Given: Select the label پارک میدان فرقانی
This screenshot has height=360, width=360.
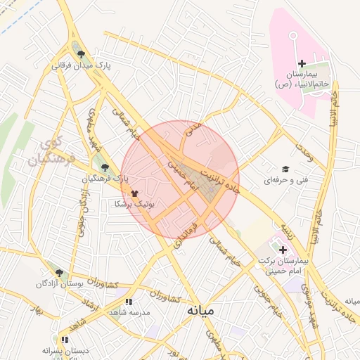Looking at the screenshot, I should point(82,66).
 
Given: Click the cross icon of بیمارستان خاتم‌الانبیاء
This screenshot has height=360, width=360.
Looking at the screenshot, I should point(302,64).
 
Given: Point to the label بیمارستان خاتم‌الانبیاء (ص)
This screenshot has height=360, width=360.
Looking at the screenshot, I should point(302,79).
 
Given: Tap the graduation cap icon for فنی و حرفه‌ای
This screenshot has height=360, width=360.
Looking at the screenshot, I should point(285,169).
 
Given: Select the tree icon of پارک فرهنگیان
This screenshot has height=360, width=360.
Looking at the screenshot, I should point(105,167).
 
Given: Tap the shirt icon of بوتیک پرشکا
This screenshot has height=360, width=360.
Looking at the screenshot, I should point(134,192).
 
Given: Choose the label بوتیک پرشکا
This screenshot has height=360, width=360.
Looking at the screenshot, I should point(134,203).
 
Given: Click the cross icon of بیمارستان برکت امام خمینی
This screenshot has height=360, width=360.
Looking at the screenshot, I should point(283,250).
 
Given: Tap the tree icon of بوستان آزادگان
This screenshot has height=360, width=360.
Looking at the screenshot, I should point(58,273).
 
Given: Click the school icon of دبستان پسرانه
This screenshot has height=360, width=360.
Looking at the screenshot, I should point(65,340).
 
